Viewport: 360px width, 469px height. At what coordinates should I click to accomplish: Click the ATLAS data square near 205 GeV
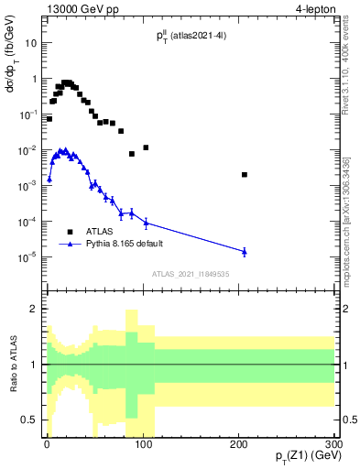click(245, 174)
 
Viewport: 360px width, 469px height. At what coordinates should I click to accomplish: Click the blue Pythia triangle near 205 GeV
click(245, 250)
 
